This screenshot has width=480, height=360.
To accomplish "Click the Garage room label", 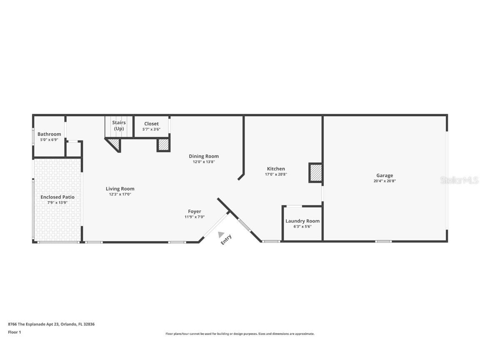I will click(385, 175).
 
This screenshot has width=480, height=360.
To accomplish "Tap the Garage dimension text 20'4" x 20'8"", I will click(385, 181).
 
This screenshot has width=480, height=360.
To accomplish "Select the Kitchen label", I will click(276, 169).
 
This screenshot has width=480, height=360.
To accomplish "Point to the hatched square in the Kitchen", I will click(315, 172).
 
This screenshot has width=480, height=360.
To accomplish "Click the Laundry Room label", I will click(302, 221).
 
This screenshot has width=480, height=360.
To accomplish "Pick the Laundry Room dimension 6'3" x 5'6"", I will click(302, 227).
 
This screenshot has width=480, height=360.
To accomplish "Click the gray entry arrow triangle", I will click(221, 235).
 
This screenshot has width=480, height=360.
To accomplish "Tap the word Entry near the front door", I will click(226, 240).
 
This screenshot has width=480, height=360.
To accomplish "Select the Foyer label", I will click(195, 211).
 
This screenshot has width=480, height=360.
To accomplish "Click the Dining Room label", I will click(204, 156).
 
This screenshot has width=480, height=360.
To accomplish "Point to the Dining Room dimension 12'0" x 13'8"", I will click(204, 162).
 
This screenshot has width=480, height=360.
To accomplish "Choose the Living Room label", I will click(120, 189).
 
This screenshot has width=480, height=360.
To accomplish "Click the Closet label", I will click(151, 124).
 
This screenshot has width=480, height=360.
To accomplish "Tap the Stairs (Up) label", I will click(119, 125).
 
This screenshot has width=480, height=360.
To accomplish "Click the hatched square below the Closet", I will click(163, 145).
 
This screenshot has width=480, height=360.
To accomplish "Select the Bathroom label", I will click(49, 134).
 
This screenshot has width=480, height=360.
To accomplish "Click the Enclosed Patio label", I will click(57, 197).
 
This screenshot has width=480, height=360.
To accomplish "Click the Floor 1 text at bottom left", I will click(14, 332).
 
